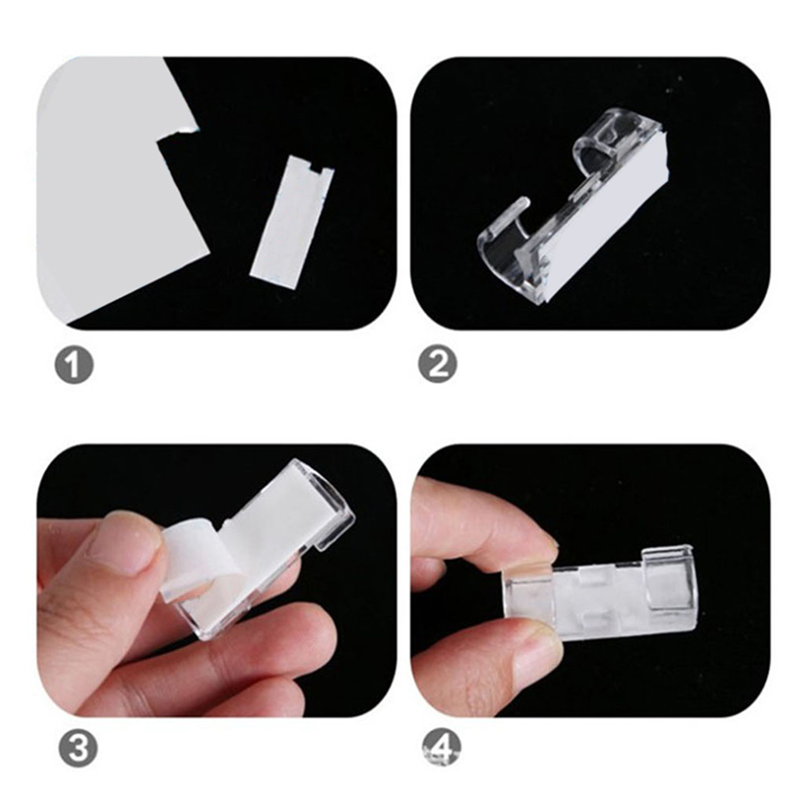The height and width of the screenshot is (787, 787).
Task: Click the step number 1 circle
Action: (74, 365)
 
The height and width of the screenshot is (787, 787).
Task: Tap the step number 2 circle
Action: (438, 365)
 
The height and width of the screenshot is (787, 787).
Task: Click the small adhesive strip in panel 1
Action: (292, 219)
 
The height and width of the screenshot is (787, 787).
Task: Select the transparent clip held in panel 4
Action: (602, 597)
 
